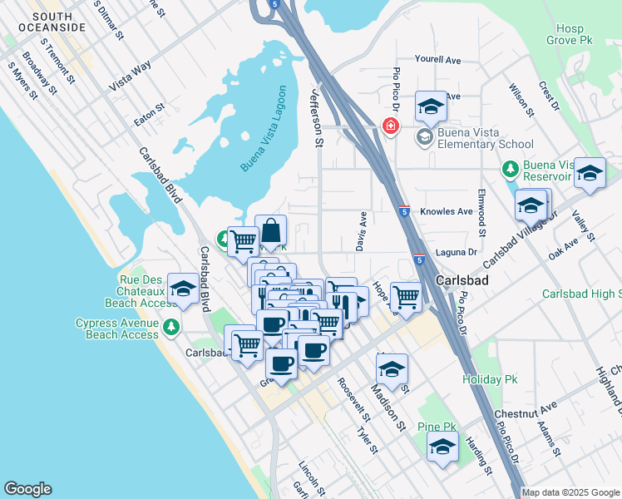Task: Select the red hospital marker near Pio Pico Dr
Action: coord(389,126)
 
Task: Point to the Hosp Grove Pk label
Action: coord(573,33)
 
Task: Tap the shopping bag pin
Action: coord(271,230)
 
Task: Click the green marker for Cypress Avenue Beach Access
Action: coord(172,325)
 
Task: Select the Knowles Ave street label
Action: coord(447,212)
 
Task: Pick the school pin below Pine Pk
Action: coord(442,447)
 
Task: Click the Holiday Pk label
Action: coord(485,379)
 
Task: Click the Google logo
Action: coord(27,489)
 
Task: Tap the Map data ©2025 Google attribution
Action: coord(570,492)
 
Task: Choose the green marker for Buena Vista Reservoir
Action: coord(511,169)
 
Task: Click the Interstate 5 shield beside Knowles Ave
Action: coord(403,212)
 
